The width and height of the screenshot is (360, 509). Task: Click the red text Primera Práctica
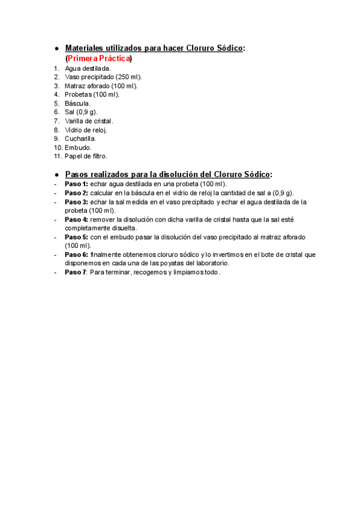tap(98, 59)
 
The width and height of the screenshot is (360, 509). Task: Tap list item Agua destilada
tap(88, 68)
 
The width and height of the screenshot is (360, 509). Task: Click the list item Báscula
tap(77, 103)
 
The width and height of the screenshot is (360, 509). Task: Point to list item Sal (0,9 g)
tap(81, 112)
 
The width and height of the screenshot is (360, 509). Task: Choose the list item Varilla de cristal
tap(89, 121)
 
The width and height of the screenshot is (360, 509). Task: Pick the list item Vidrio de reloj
tap(86, 130)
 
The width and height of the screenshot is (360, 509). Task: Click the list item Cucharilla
tap(80, 138)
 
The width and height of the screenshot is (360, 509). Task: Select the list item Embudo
tap(78, 147)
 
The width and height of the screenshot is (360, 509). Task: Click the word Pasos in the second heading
tap(77, 174)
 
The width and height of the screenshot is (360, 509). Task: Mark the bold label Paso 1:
tap(76, 184)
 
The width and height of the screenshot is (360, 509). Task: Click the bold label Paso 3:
tap(76, 202)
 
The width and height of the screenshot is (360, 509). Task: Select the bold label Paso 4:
tap(76, 219)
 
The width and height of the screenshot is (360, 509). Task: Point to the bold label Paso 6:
tap(76, 254)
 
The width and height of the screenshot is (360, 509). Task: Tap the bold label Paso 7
tap(76, 272)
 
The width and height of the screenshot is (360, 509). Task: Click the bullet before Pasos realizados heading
tap(56, 174)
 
